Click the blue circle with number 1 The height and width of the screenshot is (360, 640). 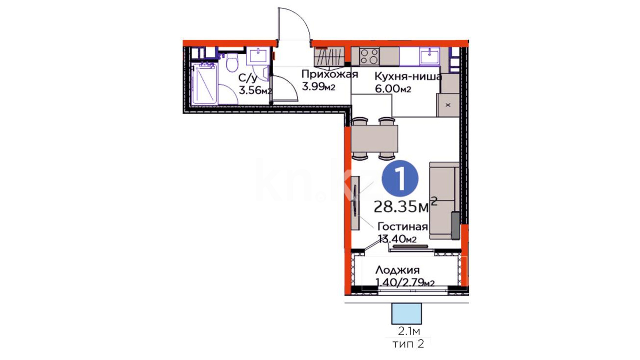(x=400, y=178)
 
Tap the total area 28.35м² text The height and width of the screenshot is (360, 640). (x=405, y=205)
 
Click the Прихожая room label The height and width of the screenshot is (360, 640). (x=330, y=74)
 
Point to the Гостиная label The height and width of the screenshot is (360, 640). (x=403, y=227)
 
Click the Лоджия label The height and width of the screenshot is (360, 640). (x=398, y=270)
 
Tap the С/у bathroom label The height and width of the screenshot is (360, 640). (x=248, y=78)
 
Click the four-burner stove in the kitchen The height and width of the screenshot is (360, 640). (x=369, y=56)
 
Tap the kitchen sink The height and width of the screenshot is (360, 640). (x=430, y=56)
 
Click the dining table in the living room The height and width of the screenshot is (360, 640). (x=375, y=138)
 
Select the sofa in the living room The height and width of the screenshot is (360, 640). (x=444, y=201)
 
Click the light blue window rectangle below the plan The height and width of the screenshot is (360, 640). (x=407, y=313)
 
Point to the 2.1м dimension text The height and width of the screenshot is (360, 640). (x=409, y=331)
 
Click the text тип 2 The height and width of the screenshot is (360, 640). (x=408, y=344)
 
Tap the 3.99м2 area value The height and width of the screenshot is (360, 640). (x=318, y=87)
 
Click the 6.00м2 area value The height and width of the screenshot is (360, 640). (x=393, y=89)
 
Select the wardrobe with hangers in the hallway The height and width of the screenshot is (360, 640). (x=329, y=57)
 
